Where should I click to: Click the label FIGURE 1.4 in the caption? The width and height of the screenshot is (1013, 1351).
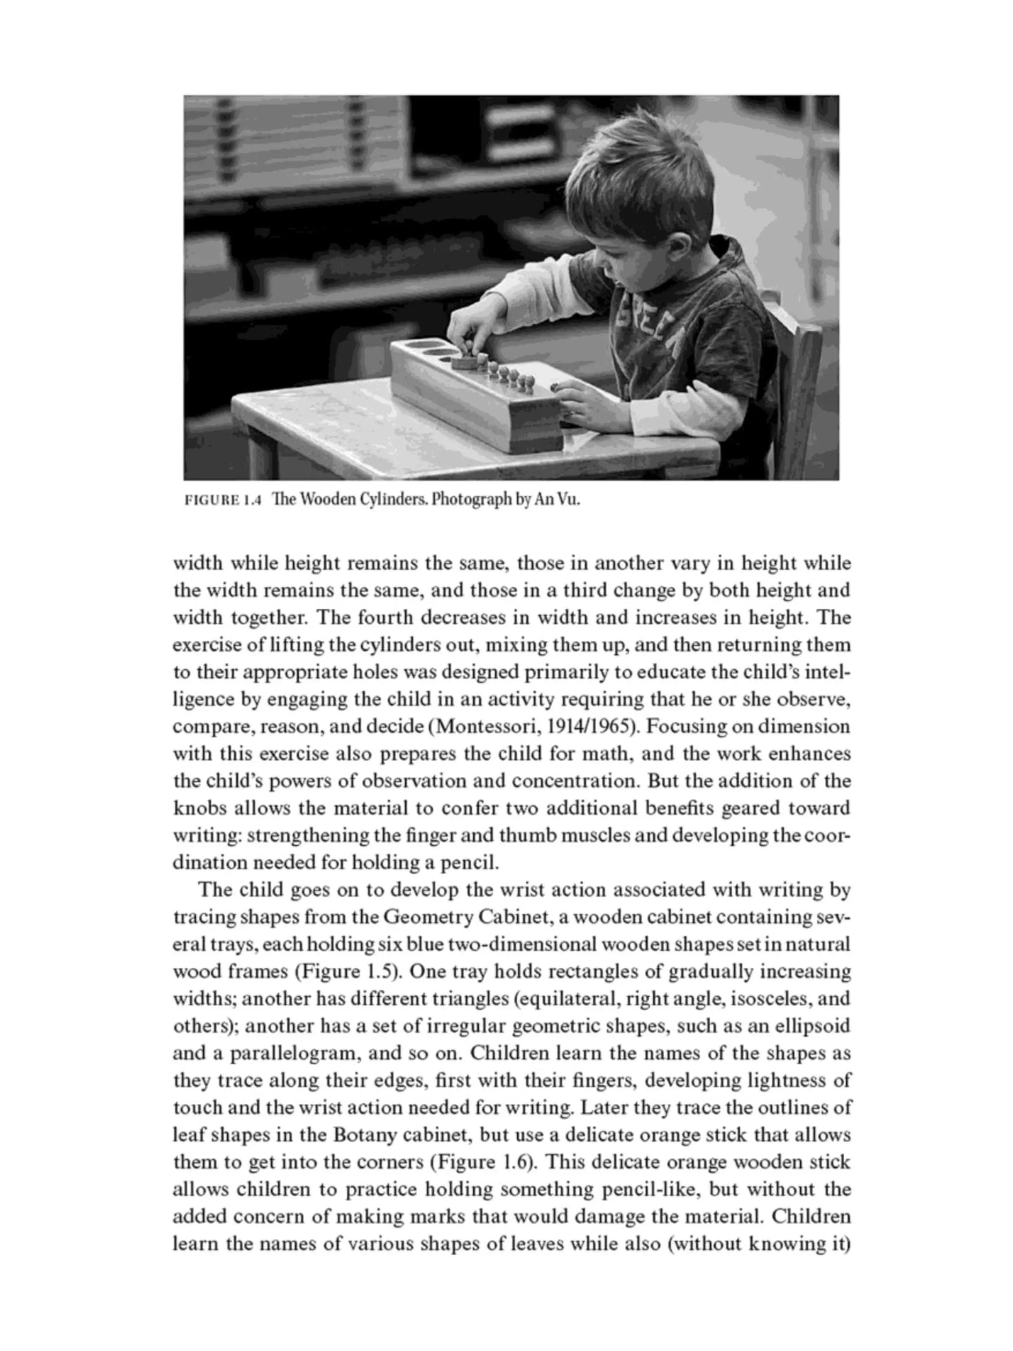tap(222, 501)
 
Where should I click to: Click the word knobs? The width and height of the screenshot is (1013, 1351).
tap(200, 808)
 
